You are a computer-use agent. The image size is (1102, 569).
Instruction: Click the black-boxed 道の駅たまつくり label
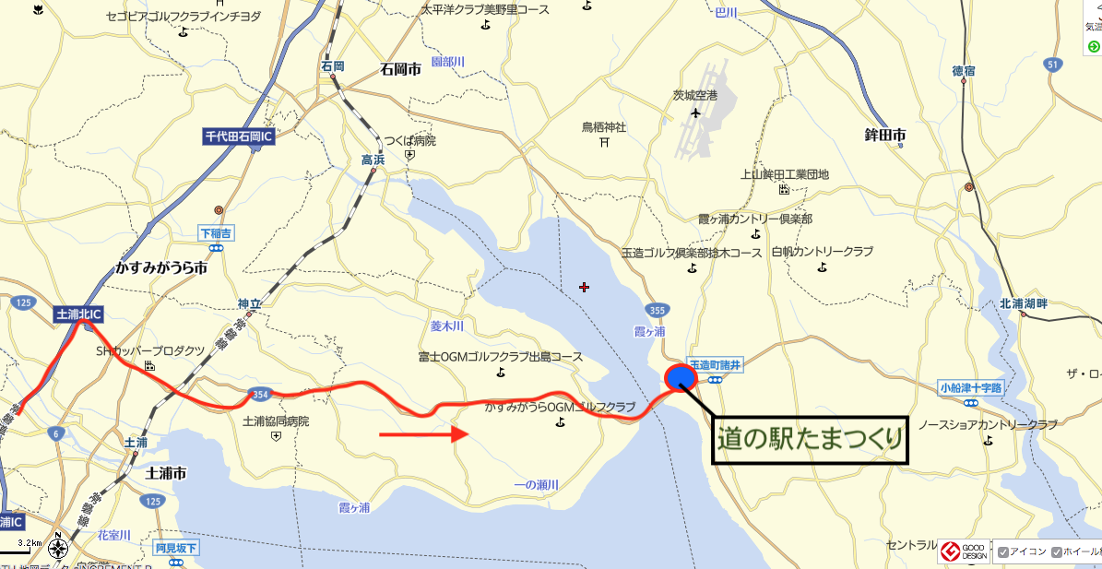pos(811,439)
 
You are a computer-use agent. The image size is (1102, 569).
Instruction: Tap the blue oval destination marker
pos(681,376)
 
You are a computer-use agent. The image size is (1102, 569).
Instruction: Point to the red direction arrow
pos(425,433)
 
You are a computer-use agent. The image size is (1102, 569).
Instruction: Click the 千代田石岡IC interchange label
pos(239,137)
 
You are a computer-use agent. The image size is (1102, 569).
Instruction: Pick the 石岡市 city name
pos(400,69)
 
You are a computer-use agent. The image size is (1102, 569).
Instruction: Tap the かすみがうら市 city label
pos(161,268)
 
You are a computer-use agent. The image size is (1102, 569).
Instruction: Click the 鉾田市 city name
pos(883,136)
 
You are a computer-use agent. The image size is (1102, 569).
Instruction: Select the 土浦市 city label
pos(167,473)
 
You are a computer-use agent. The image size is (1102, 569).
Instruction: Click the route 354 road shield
pos(259,396)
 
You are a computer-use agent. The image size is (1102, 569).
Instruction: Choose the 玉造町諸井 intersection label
pos(715,365)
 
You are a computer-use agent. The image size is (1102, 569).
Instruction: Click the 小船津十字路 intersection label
pos(971,387)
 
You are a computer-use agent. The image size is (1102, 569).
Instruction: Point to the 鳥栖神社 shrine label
pos(604,126)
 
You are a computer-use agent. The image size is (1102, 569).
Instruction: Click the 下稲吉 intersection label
pos(217,233)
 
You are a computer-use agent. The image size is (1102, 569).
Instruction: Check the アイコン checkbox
pos(1003,552)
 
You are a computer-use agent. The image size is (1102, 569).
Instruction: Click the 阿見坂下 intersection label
pos(176,549)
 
